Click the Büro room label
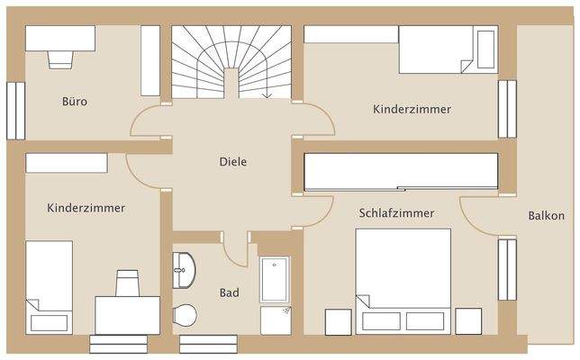point(75,102)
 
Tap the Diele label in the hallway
point(232,162)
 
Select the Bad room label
point(230,292)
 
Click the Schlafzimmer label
point(396,213)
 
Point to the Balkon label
point(547,216)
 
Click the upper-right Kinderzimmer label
point(412,109)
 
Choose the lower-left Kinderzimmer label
point(86,208)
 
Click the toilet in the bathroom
point(185,315)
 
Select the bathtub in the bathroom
point(274,280)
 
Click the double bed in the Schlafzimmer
point(403,279)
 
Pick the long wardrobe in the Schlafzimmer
point(401,171)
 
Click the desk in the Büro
point(59,38)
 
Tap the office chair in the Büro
point(59,58)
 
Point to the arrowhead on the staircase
point(267,94)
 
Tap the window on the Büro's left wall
point(15,111)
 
